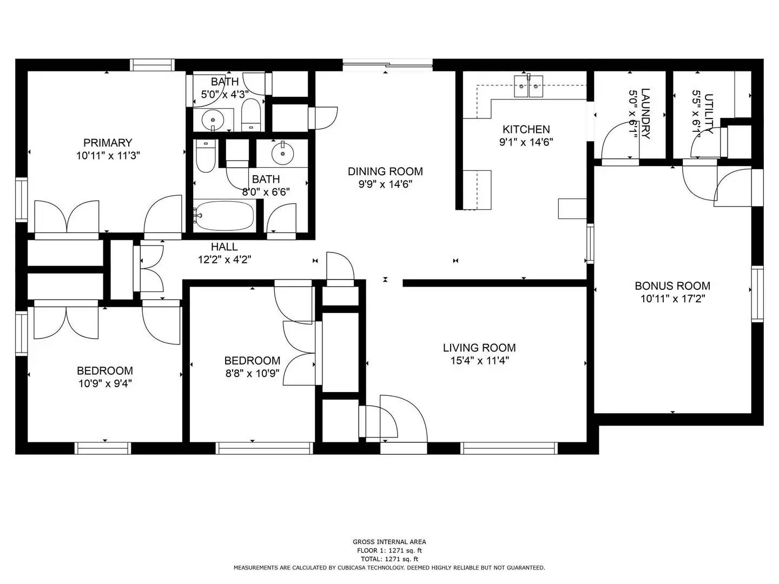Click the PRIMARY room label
click(107, 143)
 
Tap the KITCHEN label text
click(526, 129)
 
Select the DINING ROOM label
click(385, 171)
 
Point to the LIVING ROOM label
click(479, 348)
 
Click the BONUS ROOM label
click(672, 286)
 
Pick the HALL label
click(224, 247)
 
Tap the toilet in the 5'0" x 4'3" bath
click(250, 115)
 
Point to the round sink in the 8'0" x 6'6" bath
click(282, 152)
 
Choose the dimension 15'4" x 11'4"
click(479, 361)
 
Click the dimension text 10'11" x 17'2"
click(672, 298)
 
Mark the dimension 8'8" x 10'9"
click(252, 373)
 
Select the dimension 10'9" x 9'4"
click(105, 383)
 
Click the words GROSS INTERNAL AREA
click(389, 542)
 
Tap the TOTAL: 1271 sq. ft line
click(389, 559)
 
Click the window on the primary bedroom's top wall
click(152, 65)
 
